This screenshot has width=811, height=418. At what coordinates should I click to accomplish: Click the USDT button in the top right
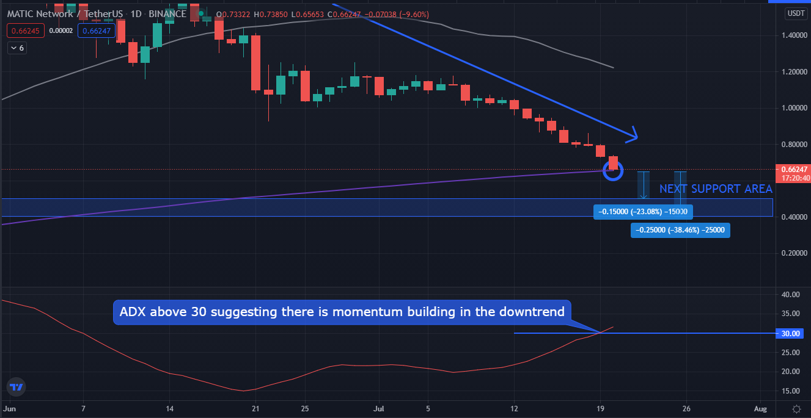coord(795,13)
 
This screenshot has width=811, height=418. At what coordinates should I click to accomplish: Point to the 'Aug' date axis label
coord(760,408)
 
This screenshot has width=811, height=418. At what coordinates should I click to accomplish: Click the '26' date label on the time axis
coord(687,408)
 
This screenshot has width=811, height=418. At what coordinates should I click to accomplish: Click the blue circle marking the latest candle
coord(613,171)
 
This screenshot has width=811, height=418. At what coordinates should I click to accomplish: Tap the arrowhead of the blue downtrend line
coord(634,135)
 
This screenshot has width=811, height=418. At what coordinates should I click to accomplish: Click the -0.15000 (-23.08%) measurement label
coord(643,212)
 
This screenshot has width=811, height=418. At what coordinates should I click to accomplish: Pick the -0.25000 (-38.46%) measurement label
coord(680,231)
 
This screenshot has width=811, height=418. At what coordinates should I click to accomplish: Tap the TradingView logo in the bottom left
coord(17,387)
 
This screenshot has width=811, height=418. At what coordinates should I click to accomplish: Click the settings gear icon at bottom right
coord(796,408)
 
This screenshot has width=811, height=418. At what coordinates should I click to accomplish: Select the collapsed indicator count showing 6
coord(18,47)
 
